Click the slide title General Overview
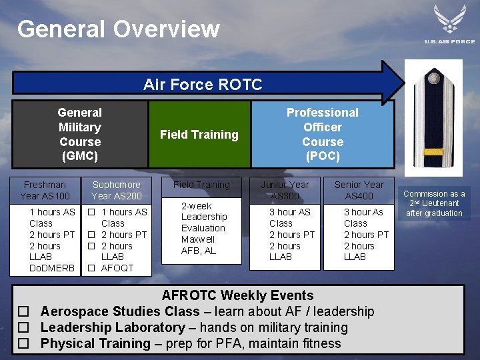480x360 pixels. (118, 29)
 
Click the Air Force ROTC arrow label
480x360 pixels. (203, 84)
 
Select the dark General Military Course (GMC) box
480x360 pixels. (80, 135)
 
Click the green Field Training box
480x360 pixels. (199, 135)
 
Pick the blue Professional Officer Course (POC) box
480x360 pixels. (322, 135)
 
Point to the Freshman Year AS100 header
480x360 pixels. (45, 190)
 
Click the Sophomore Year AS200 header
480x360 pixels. (116, 190)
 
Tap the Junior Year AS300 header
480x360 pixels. (285, 190)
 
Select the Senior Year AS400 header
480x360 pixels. (359, 190)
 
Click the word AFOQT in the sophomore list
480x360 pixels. (117, 268)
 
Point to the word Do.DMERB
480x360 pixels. (52, 268)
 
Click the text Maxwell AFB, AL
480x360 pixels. (199, 245)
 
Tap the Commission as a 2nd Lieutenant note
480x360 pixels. (435, 203)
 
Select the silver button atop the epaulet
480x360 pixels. (434, 79)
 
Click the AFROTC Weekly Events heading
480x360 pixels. (237, 295)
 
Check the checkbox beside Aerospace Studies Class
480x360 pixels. (23, 312)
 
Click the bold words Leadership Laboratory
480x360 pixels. (112, 327)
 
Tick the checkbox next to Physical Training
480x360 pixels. (23, 344)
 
